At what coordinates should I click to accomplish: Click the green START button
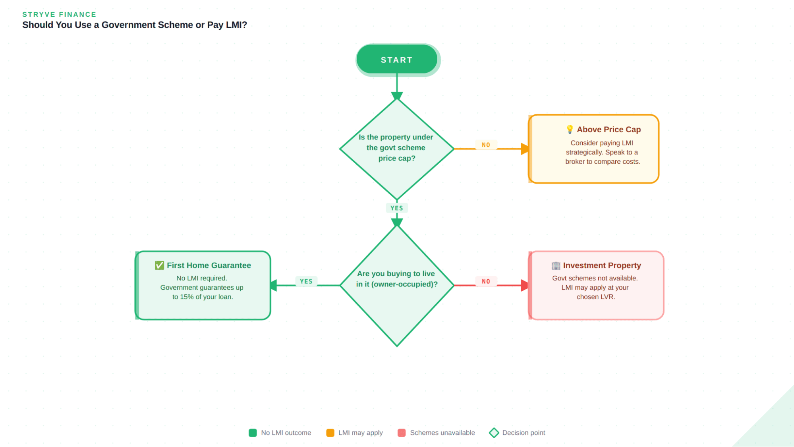point(397,60)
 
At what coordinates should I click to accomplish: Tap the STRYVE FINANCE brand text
point(59,14)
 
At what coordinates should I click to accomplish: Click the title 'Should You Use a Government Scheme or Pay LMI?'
point(135,25)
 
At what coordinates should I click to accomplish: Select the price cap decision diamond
point(397,148)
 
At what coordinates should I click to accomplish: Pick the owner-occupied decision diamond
point(397,285)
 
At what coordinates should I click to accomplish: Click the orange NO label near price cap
point(486,145)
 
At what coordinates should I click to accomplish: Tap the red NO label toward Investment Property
point(486,281)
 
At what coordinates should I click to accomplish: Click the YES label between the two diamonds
point(396,208)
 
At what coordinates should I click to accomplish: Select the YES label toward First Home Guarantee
point(306,281)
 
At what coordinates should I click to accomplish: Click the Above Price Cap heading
point(609,130)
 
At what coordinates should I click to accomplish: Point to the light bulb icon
point(570,129)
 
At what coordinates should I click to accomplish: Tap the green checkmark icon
point(159,265)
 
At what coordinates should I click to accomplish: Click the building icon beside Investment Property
point(556,265)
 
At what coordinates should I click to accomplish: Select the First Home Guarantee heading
point(209,265)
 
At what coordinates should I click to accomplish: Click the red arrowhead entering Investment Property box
point(525,285)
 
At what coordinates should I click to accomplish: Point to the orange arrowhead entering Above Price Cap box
point(525,149)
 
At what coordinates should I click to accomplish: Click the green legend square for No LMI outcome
point(253,433)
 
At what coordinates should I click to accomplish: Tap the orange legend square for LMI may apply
point(330,433)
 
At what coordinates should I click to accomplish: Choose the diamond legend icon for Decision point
point(494,433)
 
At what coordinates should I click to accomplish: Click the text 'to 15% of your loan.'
point(203,297)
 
